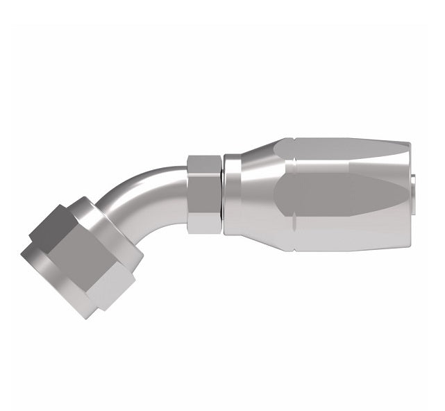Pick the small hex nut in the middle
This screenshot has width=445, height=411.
tap(204, 192)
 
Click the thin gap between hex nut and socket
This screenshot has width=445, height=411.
tap(223, 192)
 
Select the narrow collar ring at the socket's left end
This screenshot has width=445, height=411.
tap(233, 192)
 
